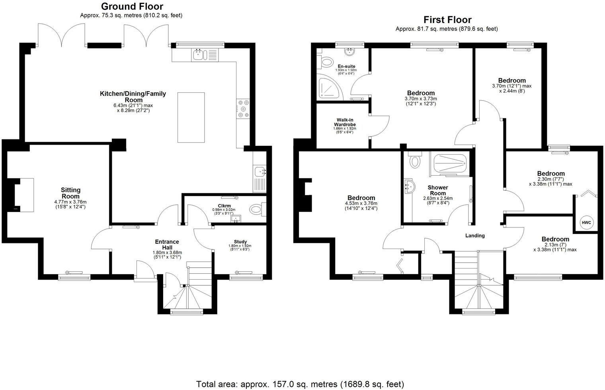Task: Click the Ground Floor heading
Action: tap(132, 6)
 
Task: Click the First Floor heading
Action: tap(447, 20)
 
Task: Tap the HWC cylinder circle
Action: tap(586, 222)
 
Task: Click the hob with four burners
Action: tap(243, 109)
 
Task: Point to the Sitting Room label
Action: tap(70, 193)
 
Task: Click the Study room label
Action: tap(240, 242)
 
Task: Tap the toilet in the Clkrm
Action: tap(256, 209)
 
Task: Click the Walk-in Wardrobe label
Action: tap(345, 122)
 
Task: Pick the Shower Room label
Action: tap(438, 190)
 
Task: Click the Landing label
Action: tap(475, 235)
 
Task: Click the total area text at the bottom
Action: tap(300, 384)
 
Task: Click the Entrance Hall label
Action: tap(167, 245)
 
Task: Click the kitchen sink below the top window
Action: tap(198, 55)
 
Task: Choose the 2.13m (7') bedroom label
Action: tap(555, 239)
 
